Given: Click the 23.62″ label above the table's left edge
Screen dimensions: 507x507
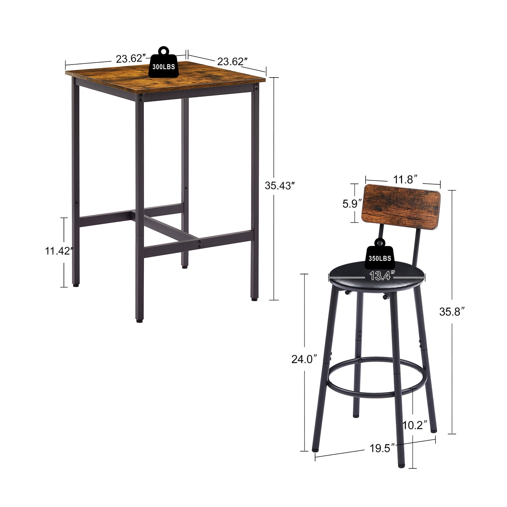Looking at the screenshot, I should coord(131,58).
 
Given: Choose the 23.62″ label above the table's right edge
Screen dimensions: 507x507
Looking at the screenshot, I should coord(231,61).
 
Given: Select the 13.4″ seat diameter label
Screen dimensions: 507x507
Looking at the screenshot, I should coord(380,276).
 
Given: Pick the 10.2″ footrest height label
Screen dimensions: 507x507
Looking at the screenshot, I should coord(415,425).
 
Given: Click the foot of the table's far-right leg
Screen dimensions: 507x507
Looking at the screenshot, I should coord(254,299).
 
